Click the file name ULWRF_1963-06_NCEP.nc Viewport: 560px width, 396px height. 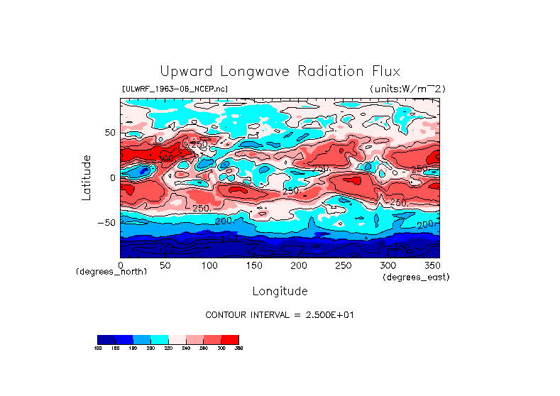pos(175,89)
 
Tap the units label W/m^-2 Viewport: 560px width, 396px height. pos(407,89)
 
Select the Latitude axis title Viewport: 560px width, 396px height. pos(87,177)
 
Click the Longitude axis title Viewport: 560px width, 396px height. pos(280,291)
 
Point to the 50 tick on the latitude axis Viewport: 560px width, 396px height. pos(109,133)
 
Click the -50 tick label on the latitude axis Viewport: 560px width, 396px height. pos(106,223)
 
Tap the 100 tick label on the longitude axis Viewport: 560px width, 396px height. pos(209,265)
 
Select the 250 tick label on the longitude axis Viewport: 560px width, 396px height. pos(342,265)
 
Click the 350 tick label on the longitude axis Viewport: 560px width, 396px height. pos(431,265)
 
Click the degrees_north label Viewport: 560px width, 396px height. pos(111,272)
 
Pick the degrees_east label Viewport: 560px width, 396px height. pos(416,277)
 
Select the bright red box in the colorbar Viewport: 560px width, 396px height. pos(230,339)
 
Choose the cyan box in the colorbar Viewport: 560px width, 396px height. pos(159,339)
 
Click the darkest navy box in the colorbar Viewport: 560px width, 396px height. pos(106,339)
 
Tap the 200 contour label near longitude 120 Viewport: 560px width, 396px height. pos(224,221)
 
